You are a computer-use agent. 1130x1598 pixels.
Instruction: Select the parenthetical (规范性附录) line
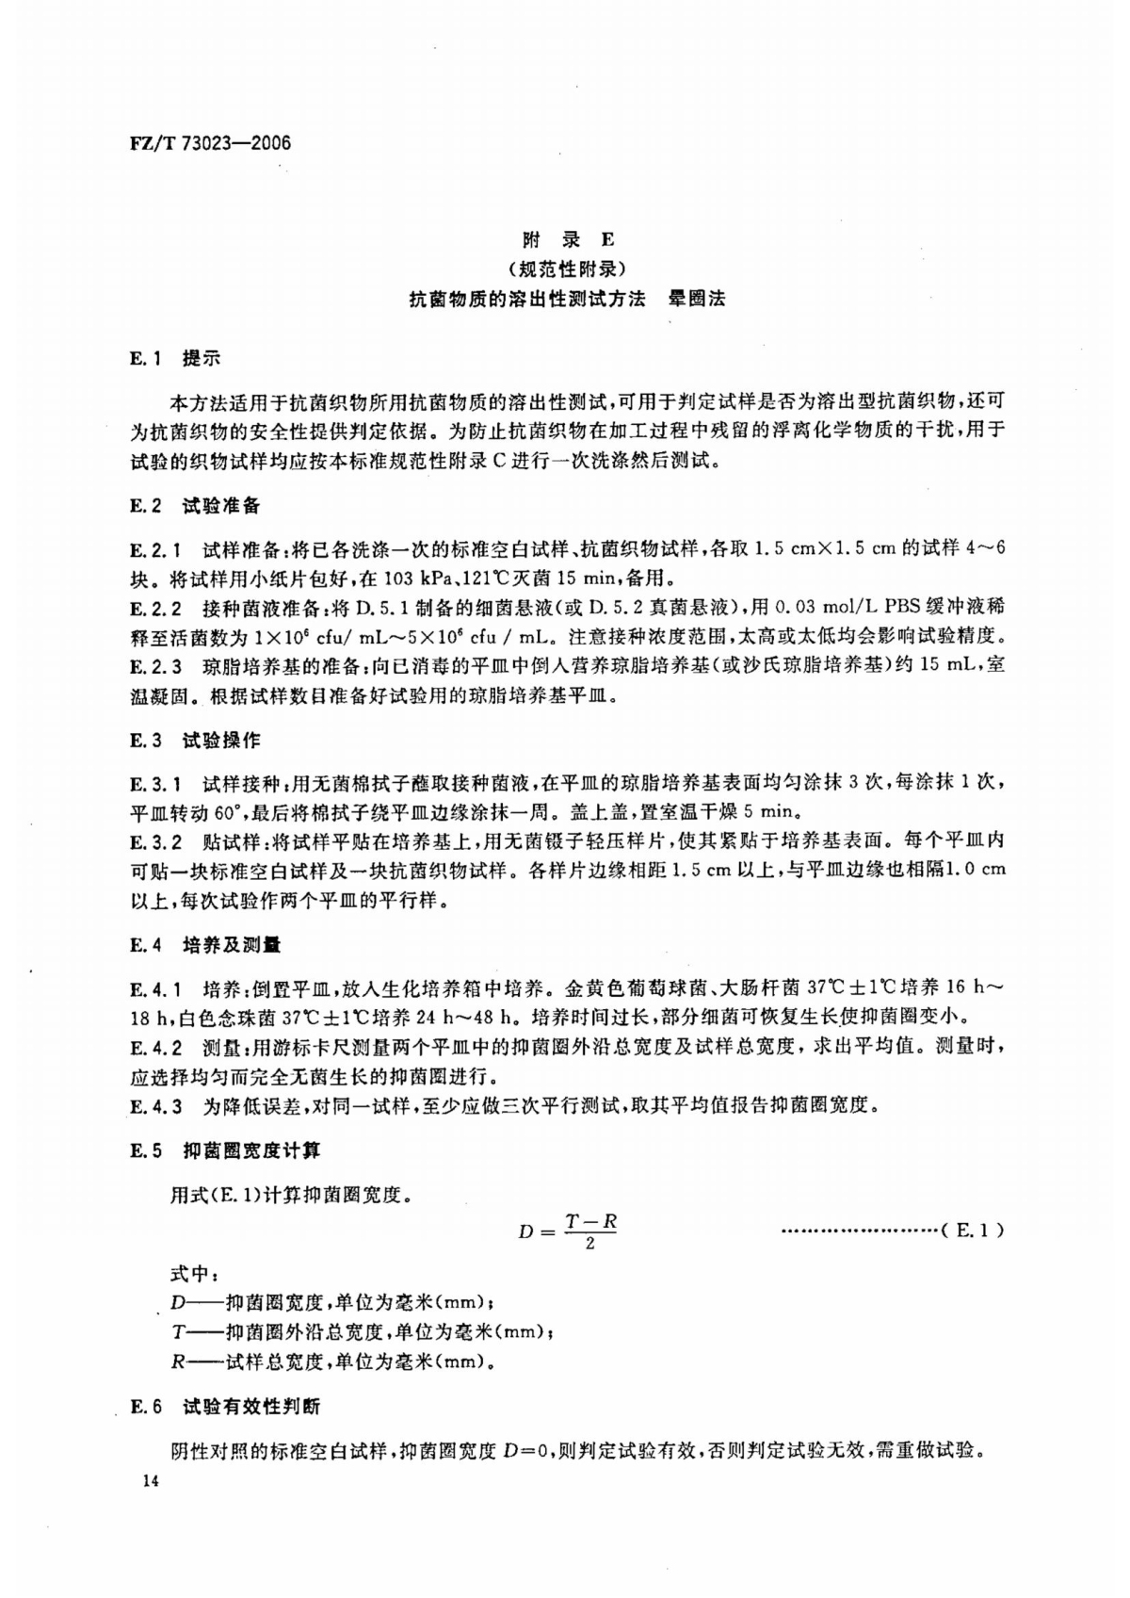pyautogui.click(x=566, y=269)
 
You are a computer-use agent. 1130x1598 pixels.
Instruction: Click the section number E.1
pyautogui.click(x=147, y=359)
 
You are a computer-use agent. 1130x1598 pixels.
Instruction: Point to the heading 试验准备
pyautogui.click(x=221, y=506)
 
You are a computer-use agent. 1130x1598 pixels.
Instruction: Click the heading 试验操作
pyautogui.click(x=221, y=741)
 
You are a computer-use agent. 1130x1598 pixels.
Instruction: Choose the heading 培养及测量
pyautogui.click(x=232, y=945)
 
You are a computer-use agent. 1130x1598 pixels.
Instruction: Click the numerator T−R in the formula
pyautogui.click(x=590, y=1221)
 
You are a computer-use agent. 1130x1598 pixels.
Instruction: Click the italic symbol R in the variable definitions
pyautogui.click(x=175, y=1362)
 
